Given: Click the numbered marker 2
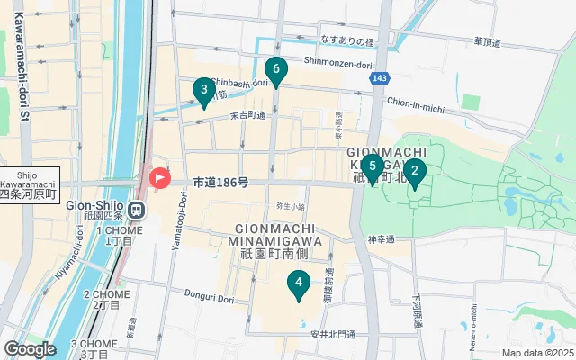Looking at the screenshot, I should point(414,170).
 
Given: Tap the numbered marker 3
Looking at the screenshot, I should point(204,90).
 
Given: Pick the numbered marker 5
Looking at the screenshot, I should point(372,166).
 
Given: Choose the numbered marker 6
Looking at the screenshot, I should point(276,68).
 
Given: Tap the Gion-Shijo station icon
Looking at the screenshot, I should point(136,211).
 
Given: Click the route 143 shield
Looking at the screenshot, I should point(380,79).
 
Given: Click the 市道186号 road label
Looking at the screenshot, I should point(220,183).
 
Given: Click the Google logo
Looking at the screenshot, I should point(30,349).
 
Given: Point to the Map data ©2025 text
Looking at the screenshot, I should point(537,353).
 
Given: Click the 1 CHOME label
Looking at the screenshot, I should point(114,236).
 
